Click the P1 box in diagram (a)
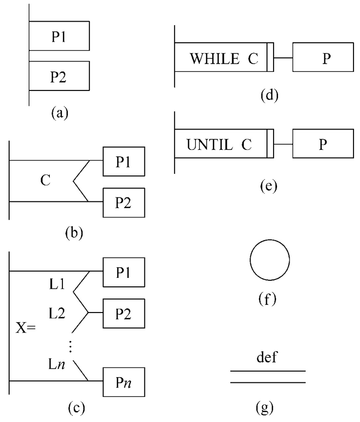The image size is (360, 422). tap(59, 36)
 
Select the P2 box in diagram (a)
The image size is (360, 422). tap(59, 76)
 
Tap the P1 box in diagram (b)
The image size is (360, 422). tap(124, 161)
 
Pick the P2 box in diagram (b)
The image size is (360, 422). tap(124, 202)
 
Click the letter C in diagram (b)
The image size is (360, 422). tap(45, 181)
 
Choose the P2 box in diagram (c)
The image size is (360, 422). tap(124, 312)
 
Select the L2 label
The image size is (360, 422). tap(57, 313)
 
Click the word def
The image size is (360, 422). tap(267, 359)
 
